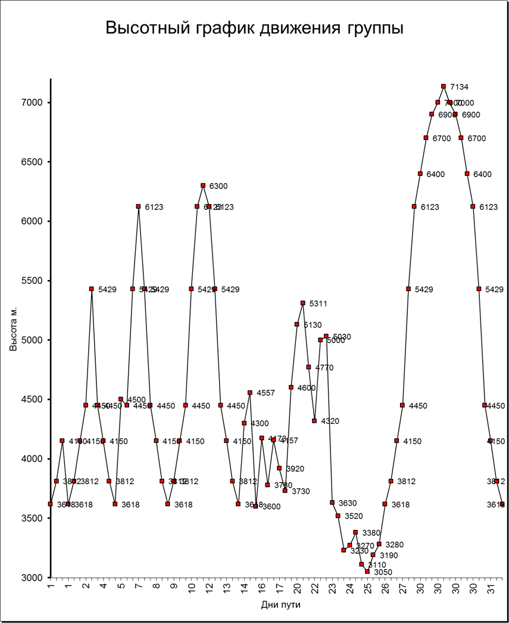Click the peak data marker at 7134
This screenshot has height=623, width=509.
[444, 86]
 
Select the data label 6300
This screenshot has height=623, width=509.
[218, 186]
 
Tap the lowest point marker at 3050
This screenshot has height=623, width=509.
[367, 571]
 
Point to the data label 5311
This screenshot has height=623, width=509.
[318, 303]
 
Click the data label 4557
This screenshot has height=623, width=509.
[266, 393]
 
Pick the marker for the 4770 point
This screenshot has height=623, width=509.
[308, 367]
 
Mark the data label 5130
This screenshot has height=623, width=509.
[313, 325]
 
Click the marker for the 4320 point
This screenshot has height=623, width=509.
[314, 421]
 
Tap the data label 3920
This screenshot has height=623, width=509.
[295, 469]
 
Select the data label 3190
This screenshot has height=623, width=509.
[388, 556]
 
